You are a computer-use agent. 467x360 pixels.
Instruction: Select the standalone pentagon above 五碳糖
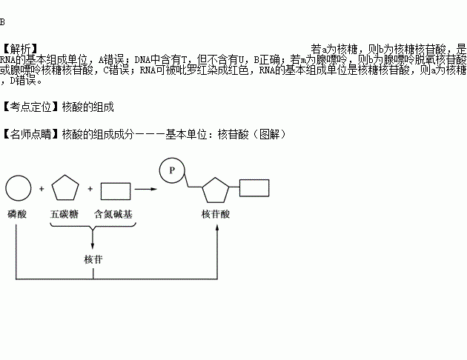tap(64, 189)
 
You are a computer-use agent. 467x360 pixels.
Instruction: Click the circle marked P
tap(171, 170)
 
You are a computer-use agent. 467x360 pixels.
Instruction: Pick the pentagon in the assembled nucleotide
tap(216, 190)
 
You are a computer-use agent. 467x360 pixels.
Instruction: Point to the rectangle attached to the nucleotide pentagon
tap(254, 190)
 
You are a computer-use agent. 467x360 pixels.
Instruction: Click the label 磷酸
tap(17, 213)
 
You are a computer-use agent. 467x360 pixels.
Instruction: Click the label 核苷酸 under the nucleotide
tap(216, 213)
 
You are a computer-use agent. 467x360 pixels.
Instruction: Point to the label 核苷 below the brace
tap(93, 259)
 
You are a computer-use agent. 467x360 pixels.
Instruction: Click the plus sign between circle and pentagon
tap(42, 190)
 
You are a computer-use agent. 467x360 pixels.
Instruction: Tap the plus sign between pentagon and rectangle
tap(90, 190)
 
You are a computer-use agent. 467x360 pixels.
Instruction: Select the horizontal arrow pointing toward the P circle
tap(147, 190)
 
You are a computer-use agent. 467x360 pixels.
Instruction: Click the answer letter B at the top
tap(3, 22)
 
